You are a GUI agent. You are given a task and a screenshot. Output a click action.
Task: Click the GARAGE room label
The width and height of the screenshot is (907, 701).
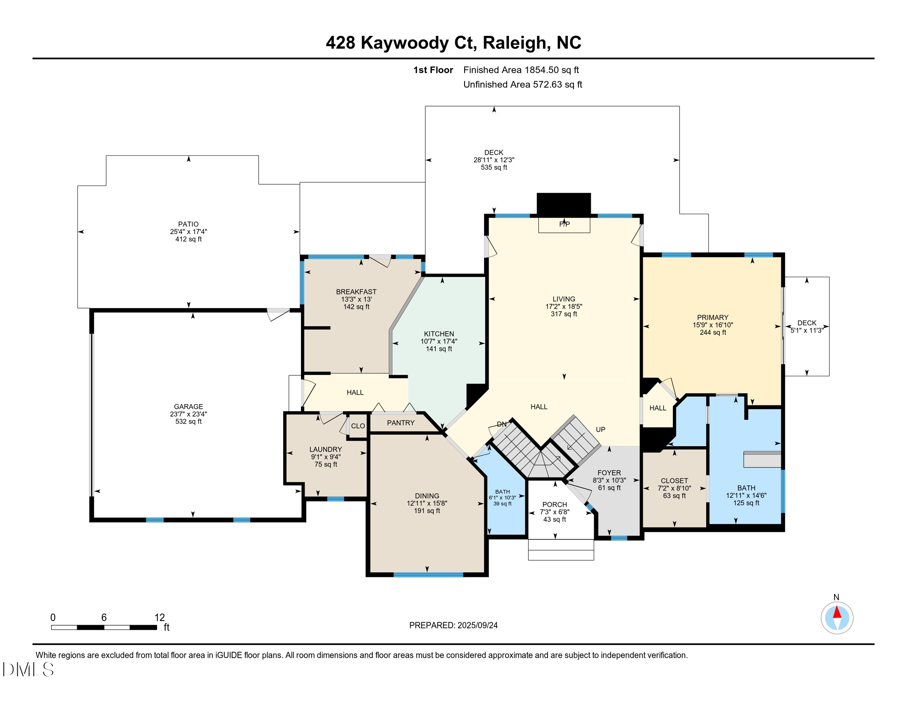point(188,407)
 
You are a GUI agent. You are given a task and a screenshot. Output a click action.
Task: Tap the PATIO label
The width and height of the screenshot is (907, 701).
point(188,224)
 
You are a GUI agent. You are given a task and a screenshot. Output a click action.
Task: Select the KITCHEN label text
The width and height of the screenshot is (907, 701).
point(439,334)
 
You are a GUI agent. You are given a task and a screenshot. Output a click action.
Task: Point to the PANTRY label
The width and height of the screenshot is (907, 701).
point(401,423)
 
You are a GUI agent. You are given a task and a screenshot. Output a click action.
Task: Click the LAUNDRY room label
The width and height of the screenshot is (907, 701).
point(326,449)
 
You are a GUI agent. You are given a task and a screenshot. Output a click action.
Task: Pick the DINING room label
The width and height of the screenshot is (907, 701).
point(427,496)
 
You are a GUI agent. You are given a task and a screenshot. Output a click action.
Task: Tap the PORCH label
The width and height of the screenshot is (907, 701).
point(555,505)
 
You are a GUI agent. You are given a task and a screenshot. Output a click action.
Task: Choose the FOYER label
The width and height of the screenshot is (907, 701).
point(609,473)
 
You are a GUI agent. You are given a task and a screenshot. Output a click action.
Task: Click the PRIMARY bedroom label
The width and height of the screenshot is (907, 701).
point(713,317)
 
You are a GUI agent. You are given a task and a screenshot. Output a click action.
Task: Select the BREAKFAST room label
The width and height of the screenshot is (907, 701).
point(356,292)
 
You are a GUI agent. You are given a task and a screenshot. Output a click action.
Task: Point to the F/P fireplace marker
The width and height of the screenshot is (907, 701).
point(564,224)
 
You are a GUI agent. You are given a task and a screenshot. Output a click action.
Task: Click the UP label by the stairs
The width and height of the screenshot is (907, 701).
point(601,429)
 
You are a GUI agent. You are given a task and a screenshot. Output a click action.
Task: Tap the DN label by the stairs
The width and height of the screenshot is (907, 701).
point(502,424)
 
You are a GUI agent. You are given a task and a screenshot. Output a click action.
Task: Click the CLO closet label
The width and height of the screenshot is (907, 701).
point(358,426)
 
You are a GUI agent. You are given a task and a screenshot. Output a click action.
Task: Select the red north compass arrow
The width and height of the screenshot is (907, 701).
point(837,612)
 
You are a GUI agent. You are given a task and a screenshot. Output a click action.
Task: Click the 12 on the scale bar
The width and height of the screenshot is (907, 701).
point(160,618)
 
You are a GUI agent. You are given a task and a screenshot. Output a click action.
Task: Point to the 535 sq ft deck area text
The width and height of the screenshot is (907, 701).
point(494,167)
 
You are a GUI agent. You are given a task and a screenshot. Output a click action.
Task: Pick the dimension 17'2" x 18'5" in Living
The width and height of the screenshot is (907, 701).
point(564,306)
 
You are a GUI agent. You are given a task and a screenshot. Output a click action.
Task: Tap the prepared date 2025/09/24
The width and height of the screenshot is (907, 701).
point(477,626)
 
